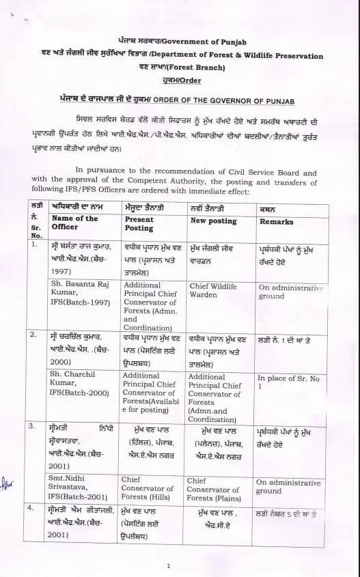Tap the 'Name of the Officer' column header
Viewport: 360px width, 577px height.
click(74, 223)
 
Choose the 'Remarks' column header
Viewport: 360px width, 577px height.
click(276, 222)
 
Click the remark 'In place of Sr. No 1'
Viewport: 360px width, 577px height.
click(286, 381)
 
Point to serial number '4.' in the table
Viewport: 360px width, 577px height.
click(32, 508)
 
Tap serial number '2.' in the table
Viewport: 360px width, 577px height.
click(32, 334)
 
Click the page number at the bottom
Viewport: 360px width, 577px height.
click(168, 566)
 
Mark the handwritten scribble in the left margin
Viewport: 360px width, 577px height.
click(8, 485)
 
